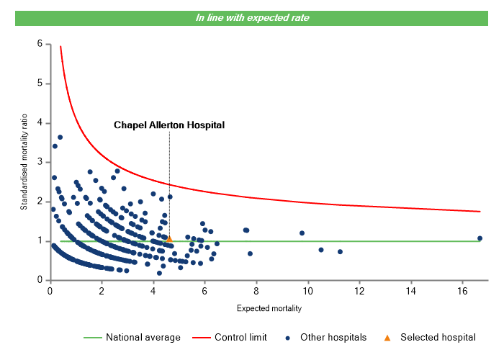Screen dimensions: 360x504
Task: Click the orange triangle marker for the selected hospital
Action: click(x=169, y=238)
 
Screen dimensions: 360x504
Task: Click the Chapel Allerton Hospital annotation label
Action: click(x=169, y=125)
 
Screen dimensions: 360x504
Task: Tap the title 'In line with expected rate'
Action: click(x=252, y=17)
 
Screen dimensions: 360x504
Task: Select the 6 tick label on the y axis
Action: click(x=40, y=44)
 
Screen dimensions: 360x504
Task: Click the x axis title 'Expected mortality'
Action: click(x=269, y=309)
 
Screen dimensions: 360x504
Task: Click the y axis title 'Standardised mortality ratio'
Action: click(x=24, y=163)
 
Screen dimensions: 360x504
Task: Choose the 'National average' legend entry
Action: click(x=137, y=337)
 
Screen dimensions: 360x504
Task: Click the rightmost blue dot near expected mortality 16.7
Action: click(x=480, y=238)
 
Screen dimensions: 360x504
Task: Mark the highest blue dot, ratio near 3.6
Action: click(x=60, y=137)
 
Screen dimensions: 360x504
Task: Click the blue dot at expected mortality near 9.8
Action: click(x=302, y=233)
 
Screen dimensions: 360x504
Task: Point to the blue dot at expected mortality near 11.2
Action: click(x=340, y=252)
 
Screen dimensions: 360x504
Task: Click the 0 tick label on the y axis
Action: click(x=40, y=280)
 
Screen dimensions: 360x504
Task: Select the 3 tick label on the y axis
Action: click(x=40, y=162)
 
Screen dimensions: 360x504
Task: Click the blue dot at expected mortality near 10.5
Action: click(x=321, y=250)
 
